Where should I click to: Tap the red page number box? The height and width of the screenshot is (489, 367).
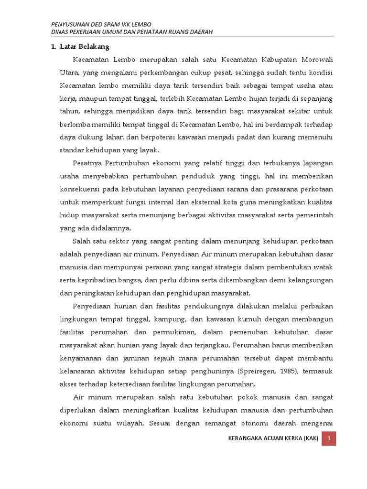coord(329,438)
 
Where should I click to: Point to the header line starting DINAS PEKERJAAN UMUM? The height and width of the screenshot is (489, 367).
coord(131,32)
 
